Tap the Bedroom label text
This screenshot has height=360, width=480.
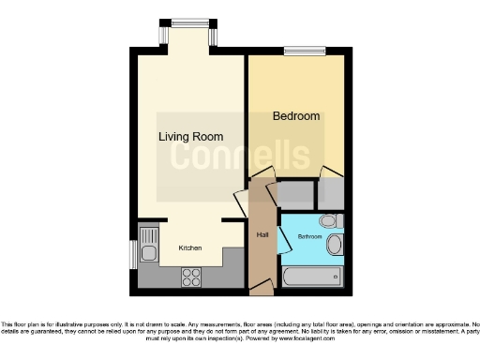coord(296,116)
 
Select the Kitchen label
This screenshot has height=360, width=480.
coord(190,248)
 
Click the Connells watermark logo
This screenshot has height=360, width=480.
coord(240,156)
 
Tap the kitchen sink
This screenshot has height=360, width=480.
coord(148,246)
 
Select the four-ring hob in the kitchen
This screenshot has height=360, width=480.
coord(191,277)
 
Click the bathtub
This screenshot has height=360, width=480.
coord(308,278)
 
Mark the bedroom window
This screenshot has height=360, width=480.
coord(305,51)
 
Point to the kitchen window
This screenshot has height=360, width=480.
coord(132,253)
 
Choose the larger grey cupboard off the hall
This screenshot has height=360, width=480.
coord(295,196)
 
